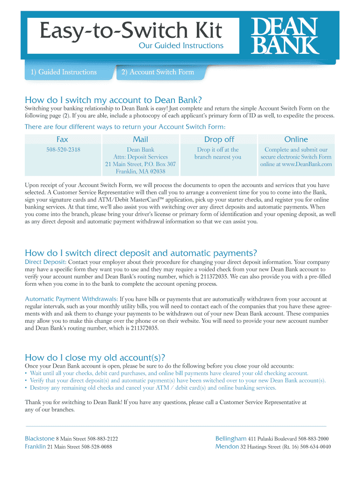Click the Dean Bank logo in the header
285,36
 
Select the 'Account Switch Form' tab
157,72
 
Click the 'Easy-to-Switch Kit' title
130,31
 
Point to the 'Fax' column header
62,139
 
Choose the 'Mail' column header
140,139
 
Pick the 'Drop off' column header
219,139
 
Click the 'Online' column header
296,139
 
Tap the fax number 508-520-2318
62,150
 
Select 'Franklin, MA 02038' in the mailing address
140,171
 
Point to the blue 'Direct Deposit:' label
45,262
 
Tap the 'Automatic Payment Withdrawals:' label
72,298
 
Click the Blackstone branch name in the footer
39,439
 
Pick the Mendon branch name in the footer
227,446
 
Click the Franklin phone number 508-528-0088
96,447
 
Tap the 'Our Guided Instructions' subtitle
181,45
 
